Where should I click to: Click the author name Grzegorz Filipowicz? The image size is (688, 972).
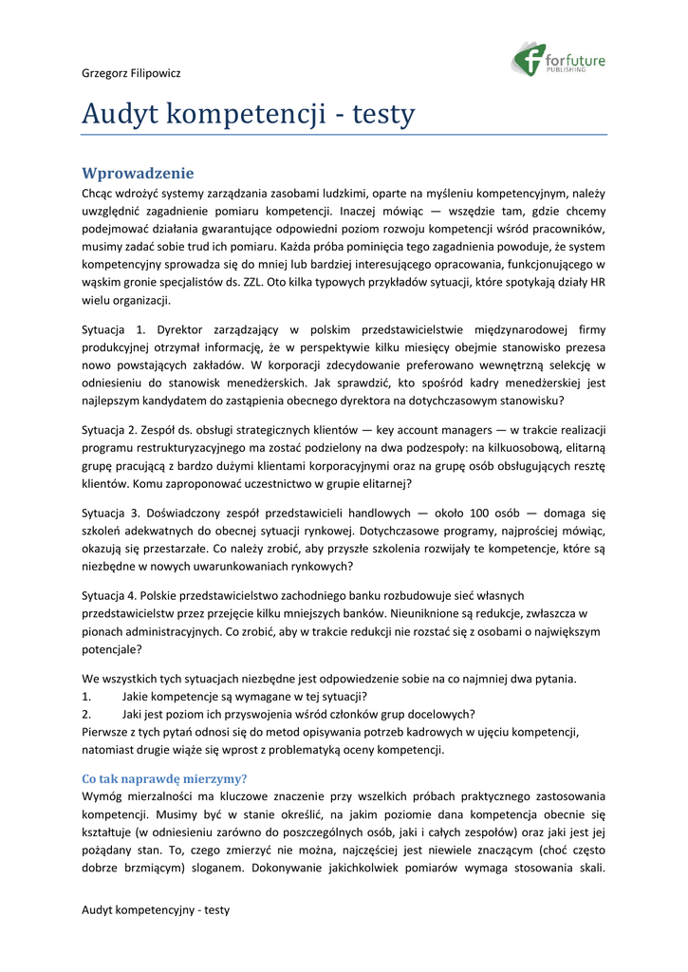point(131,73)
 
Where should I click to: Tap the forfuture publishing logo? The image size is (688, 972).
point(559,60)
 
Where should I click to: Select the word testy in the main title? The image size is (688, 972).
point(383,115)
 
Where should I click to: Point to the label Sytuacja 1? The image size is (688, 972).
point(114,329)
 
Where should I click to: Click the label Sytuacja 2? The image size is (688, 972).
point(114,429)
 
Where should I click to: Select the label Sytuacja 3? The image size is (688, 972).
point(114,513)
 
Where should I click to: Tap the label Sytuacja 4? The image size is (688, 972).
point(114,595)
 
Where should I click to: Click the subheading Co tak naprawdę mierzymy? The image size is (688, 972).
point(164,777)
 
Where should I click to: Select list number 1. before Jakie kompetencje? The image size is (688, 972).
point(87,696)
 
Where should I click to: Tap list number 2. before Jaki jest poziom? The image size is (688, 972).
point(87,714)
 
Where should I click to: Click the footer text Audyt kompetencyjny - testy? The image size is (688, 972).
point(156,909)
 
